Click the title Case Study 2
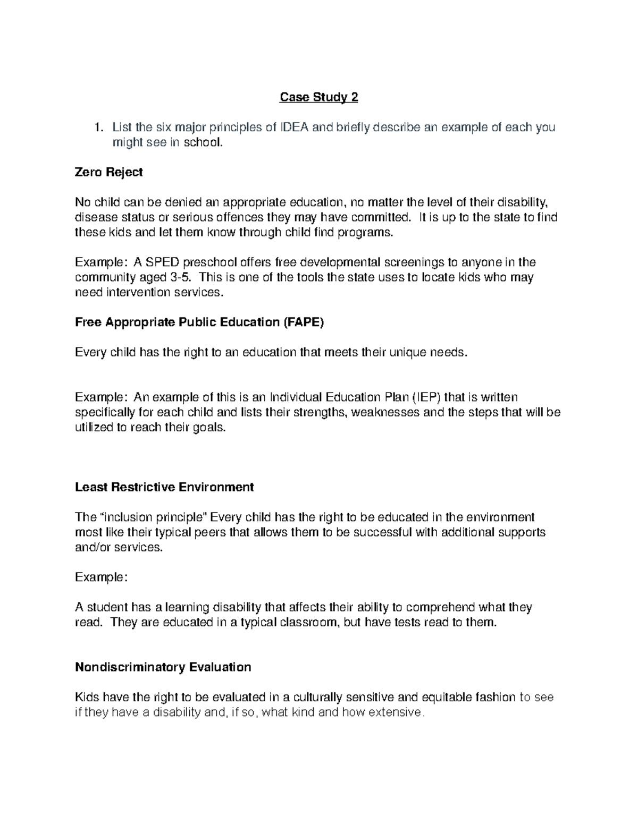coord(319,97)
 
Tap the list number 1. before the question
coord(98,127)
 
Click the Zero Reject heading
coord(109,172)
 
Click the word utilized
coord(94,428)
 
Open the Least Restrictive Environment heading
coord(164,487)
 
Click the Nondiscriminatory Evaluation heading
coord(163,667)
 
